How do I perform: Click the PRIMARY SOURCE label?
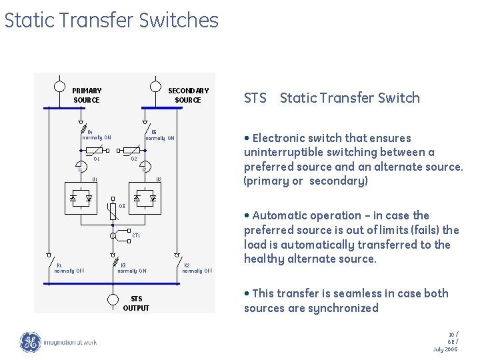point(87,95)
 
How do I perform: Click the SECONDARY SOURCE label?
point(188,95)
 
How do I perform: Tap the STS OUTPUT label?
point(136,303)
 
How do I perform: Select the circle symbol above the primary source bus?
point(59,86)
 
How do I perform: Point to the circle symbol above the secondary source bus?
point(155,86)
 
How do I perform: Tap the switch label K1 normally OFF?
point(69,268)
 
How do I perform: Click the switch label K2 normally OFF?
point(197,268)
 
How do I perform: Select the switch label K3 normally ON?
point(131,268)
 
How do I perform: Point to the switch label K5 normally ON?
point(160,135)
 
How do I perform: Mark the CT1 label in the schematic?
point(136,235)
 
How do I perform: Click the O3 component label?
point(122,206)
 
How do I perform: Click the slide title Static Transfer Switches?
point(111,21)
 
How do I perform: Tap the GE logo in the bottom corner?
point(30,342)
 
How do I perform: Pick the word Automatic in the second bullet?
point(279,215)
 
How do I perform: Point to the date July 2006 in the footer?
point(445,349)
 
